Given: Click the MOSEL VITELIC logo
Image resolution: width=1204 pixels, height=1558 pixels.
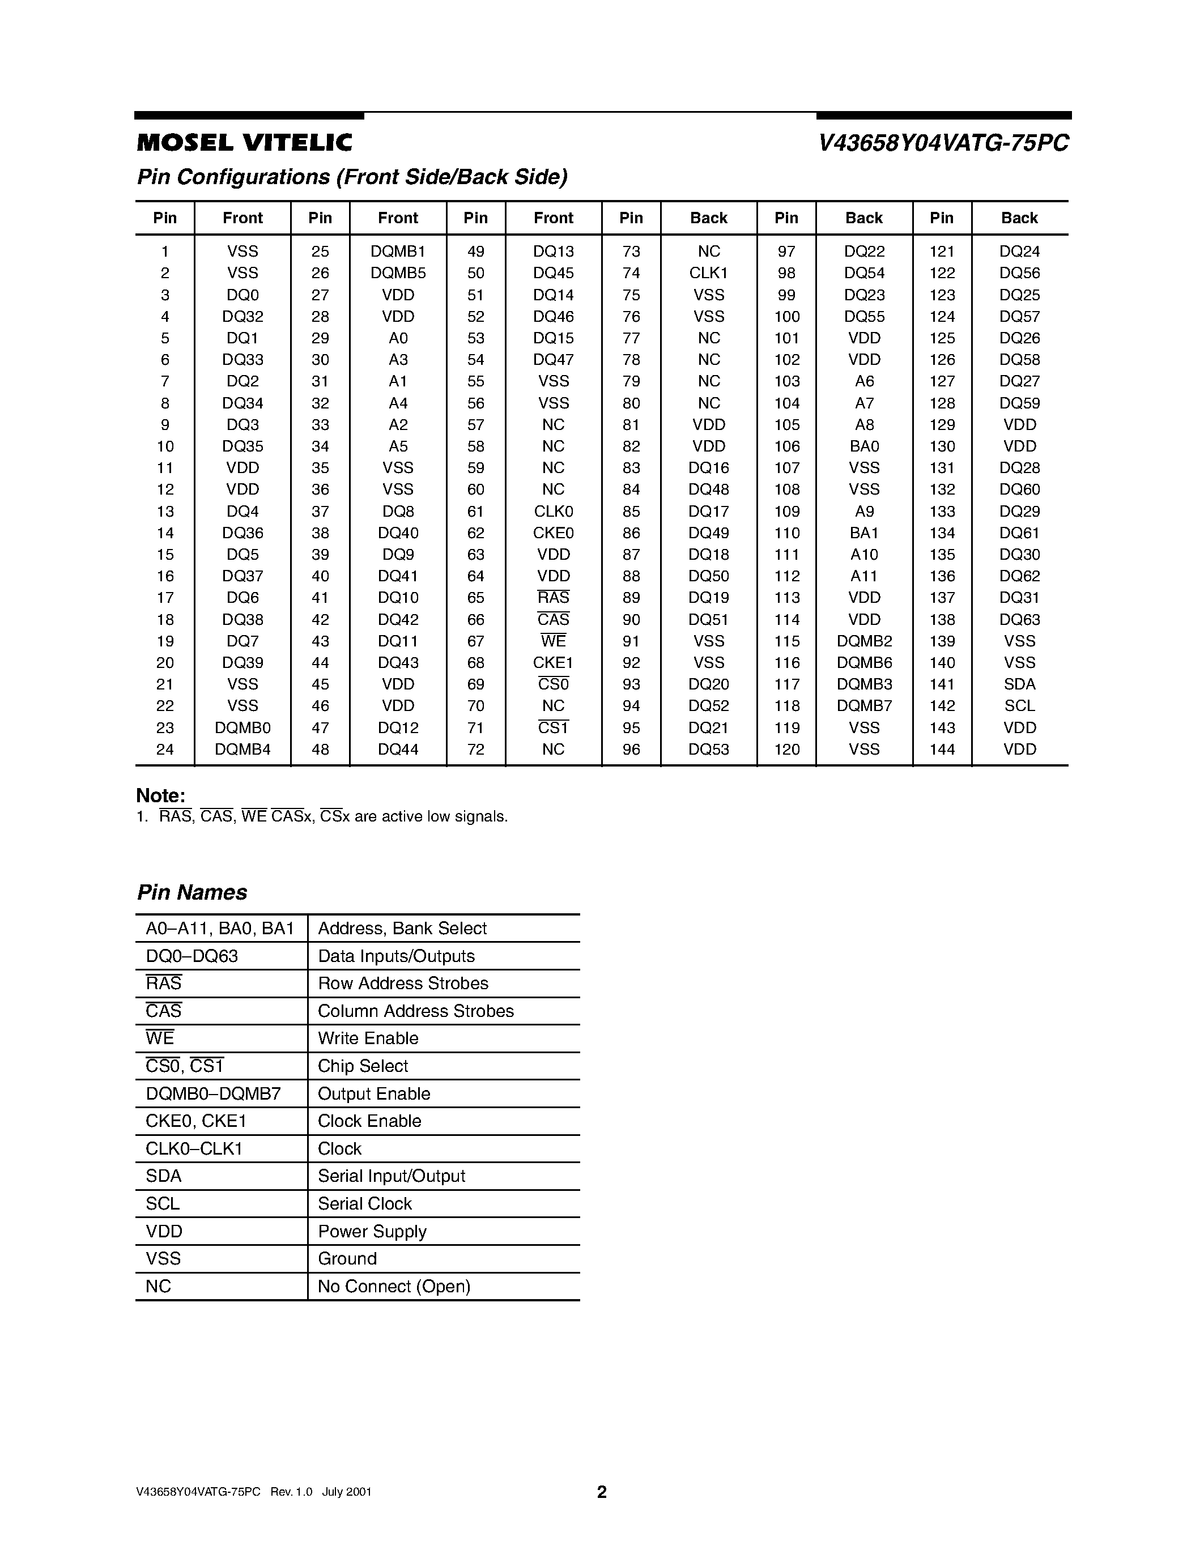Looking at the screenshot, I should tap(244, 143).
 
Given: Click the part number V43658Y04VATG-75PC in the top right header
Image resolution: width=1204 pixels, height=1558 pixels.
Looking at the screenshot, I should tap(943, 143).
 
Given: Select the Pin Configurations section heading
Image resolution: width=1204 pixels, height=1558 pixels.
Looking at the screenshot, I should tap(352, 177).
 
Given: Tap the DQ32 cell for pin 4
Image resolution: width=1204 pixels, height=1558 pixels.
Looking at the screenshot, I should tap(242, 316).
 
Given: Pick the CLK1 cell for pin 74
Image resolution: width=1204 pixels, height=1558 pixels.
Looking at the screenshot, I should tap(708, 273).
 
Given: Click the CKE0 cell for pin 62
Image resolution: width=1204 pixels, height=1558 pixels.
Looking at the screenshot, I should tap(553, 533).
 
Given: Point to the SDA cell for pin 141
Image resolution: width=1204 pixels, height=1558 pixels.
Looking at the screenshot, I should tap(1019, 684).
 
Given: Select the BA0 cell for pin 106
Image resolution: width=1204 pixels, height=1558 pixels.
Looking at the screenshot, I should tap(864, 446).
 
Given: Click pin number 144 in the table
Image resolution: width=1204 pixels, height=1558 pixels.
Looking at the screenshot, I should tap(942, 749).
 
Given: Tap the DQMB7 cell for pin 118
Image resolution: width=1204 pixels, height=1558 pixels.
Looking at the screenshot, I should tap(864, 705).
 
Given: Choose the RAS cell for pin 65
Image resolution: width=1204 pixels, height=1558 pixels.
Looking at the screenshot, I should tap(553, 598).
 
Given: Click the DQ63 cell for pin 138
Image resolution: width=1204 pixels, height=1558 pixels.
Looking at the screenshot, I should tap(1019, 619).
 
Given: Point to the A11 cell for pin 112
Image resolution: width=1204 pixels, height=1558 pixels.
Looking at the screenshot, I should tap(864, 576).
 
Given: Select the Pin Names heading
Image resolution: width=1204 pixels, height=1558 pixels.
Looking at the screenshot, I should tap(192, 892).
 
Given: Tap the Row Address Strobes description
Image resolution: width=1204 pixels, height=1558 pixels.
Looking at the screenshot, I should tap(403, 983).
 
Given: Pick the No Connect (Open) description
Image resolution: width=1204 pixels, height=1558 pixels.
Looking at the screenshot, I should tap(394, 1286).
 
